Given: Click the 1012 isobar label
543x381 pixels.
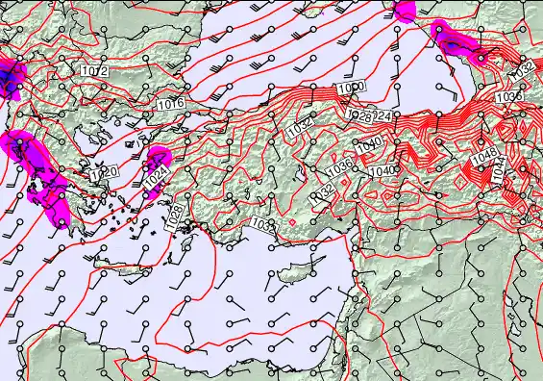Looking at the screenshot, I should tap(93, 72).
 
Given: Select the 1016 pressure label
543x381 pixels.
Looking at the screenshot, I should tap(170, 103).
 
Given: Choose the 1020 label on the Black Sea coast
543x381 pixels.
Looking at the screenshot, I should tap(351, 89).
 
